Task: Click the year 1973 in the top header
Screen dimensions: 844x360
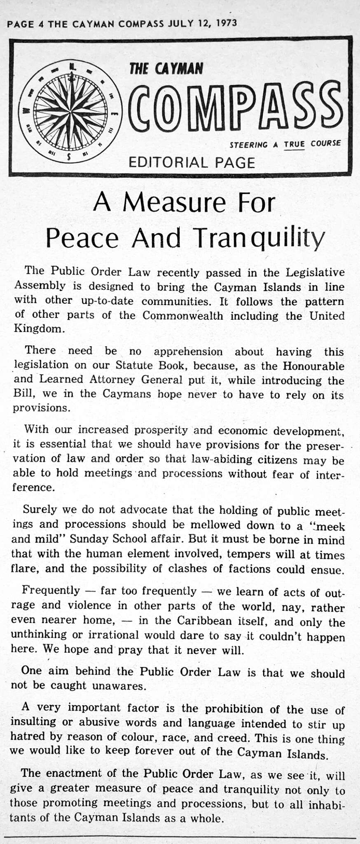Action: [226, 23]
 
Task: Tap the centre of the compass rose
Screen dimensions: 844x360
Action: [71, 111]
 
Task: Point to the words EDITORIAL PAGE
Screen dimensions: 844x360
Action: [192, 162]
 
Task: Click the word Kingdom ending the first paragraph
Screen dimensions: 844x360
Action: [39, 329]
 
